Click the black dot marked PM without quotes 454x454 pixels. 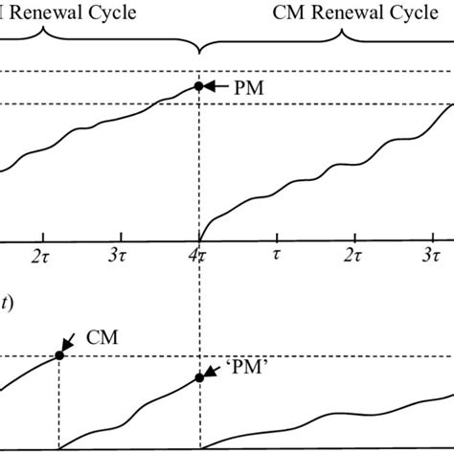[199, 86]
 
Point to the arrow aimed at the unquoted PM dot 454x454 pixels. [218, 86]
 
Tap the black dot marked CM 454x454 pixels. [59, 354]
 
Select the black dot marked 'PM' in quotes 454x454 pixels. [199, 377]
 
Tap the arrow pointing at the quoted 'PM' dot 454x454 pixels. [216, 369]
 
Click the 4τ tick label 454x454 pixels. [199, 257]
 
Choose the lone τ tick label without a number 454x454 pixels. [277, 257]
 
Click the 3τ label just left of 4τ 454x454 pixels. [121, 257]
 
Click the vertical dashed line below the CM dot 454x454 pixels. [59, 402]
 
